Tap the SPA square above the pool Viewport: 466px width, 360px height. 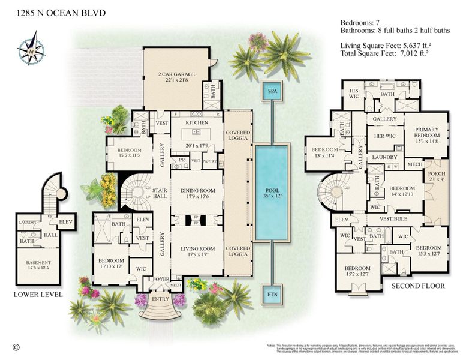pyautogui.click(x=272, y=92)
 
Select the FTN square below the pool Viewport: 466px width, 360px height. pyautogui.click(x=272, y=295)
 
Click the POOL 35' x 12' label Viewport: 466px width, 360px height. pyautogui.click(x=272, y=191)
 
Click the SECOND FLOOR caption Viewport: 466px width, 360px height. pyautogui.click(x=418, y=286)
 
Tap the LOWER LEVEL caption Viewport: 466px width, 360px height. pyautogui.click(x=38, y=295)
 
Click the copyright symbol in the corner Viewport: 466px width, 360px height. pyautogui.click(x=16, y=346)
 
